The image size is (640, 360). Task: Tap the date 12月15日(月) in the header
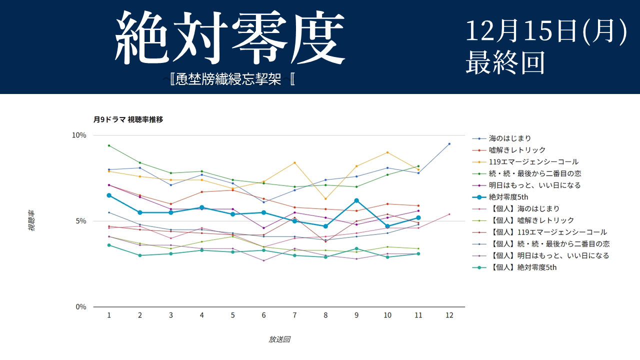point(546,31)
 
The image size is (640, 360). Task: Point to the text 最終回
point(505,62)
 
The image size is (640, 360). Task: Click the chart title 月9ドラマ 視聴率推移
point(128,119)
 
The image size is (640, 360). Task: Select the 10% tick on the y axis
point(79,135)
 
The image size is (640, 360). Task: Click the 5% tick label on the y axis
point(81,221)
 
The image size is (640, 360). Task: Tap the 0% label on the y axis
point(81,306)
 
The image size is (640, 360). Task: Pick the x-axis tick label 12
point(449,315)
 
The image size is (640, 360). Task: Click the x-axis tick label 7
point(294,315)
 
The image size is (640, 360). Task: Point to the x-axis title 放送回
point(279,339)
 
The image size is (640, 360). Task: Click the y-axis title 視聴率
point(31,220)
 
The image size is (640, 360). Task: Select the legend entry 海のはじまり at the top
point(510,138)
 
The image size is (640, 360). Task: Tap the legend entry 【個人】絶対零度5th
point(522,267)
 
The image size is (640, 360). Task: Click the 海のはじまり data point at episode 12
point(449,144)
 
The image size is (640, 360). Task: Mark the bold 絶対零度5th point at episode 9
point(356,200)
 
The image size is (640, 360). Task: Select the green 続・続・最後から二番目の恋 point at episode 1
point(109,145)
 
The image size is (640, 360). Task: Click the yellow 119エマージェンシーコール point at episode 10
point(387,152)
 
